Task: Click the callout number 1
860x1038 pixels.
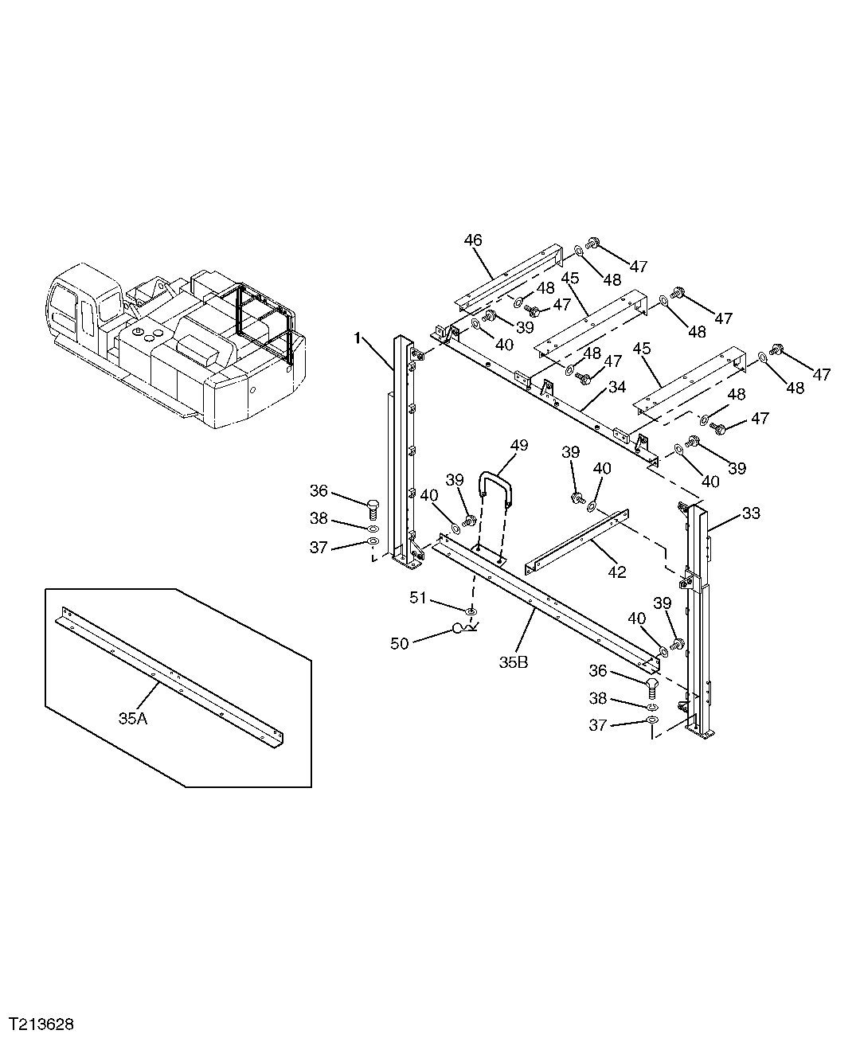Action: tap(358, 339)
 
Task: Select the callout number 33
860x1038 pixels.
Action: tap(751, 514)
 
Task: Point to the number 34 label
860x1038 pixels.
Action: tap(617, 387)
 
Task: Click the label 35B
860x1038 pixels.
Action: tap(513, 662)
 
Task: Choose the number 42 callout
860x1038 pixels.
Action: tap(616, 572)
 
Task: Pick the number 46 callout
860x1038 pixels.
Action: tap(473, 240)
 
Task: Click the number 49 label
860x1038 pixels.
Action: tap(518, 446)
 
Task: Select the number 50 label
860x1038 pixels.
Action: tap(400, 643)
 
